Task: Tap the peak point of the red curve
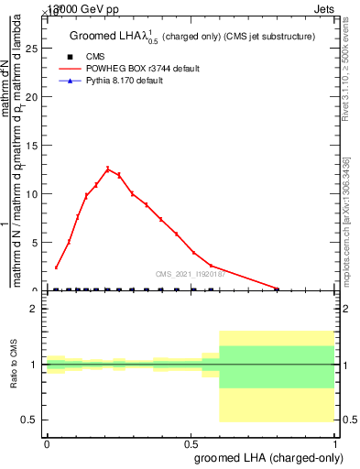(108, 169)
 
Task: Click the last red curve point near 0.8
(278, 288)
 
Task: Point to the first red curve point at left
(57, 267)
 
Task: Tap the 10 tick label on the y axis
(35, 193)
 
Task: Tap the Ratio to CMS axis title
(15, 365)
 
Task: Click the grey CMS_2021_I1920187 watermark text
(188, 273)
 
